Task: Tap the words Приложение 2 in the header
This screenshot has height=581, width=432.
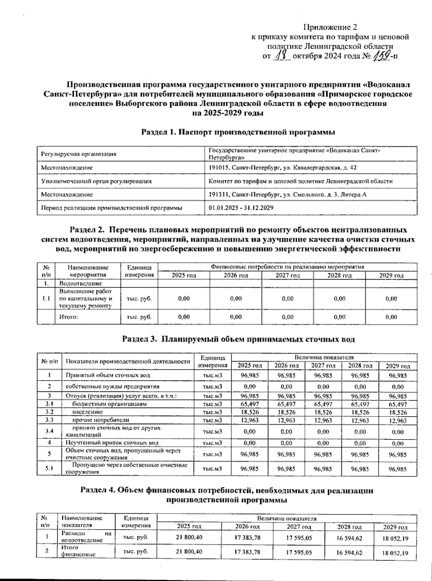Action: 330,27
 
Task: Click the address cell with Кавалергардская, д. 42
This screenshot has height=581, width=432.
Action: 283,168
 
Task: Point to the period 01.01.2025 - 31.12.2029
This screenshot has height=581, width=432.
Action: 241,208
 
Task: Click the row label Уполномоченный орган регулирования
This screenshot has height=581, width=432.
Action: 96,181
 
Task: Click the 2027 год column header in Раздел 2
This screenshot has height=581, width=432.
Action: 288,275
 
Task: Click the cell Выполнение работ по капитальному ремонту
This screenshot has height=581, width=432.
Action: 85,298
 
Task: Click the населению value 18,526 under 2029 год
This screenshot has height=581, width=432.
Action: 398,413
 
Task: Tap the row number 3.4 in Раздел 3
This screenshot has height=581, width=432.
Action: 50,431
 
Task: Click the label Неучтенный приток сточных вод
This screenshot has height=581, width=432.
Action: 112,443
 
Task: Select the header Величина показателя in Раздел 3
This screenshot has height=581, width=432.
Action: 324,357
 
